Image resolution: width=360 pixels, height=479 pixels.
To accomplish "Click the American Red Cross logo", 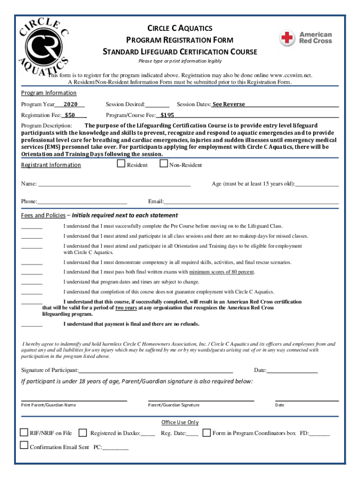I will [x=306, y=38].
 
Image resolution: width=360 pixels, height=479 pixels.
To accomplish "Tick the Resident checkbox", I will [x=121, y=164].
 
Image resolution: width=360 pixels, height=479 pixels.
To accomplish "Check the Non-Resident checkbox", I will [x=164, y=164].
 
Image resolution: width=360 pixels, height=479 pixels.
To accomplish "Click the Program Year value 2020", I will [x=71, y=104].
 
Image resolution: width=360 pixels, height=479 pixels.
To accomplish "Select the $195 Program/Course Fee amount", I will [x=167, y=115].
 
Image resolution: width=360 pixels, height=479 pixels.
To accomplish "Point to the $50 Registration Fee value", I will [x=70, y=115].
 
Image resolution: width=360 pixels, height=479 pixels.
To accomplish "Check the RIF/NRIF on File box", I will [x=24, y=432].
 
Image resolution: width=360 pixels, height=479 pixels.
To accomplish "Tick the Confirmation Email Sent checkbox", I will [x=24, y=445].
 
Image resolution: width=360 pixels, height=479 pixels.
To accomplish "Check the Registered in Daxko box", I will [x=83, y=432].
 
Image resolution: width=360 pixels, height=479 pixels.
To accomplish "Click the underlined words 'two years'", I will [x=126, y=308].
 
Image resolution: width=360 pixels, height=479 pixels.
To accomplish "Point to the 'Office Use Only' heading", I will [x=180, y=422].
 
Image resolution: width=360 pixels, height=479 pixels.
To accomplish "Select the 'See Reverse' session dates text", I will [x=229, y=104].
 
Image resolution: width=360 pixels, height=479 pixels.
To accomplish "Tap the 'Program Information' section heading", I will [x=49, y=93].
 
